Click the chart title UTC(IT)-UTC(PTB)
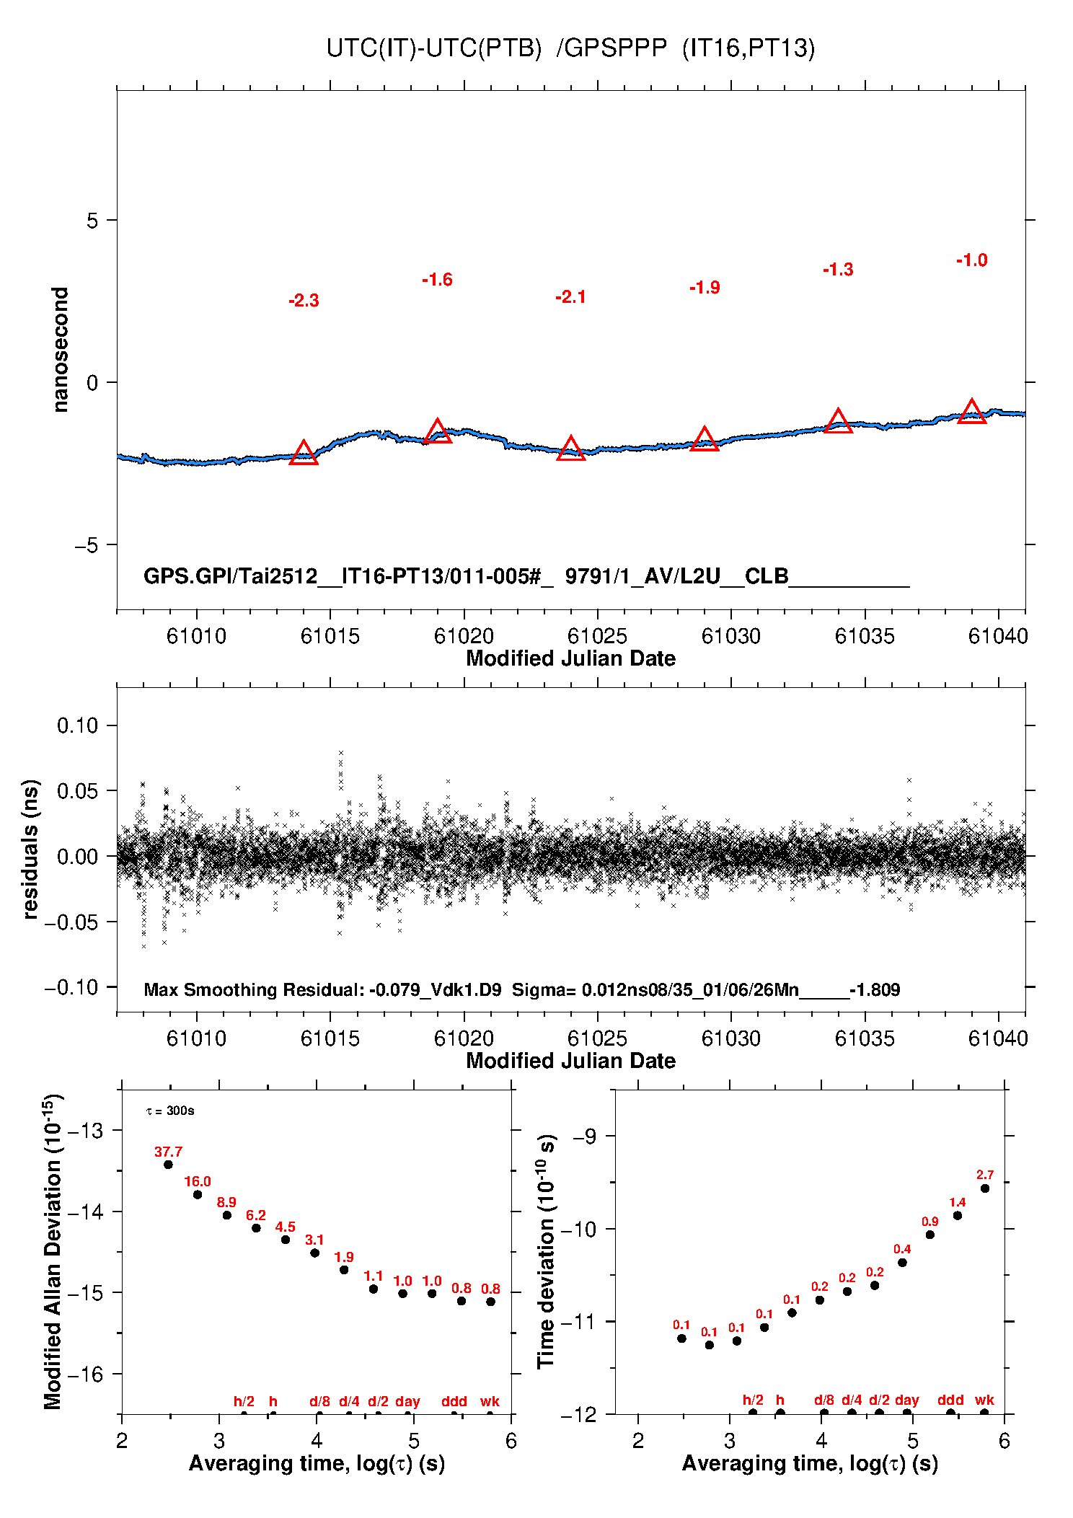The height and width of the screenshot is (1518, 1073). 433,48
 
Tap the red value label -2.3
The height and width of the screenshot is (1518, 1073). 304,301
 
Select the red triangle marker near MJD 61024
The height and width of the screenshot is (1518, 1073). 571,449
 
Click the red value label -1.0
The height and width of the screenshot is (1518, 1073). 971,260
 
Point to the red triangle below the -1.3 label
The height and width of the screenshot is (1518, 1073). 838,421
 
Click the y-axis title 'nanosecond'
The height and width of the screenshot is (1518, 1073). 61,350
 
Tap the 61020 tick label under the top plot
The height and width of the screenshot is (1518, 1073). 464,636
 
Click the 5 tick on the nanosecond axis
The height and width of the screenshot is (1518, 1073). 92,221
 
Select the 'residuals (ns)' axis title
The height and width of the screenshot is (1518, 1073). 30,849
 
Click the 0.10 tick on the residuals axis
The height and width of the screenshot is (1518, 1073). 77,725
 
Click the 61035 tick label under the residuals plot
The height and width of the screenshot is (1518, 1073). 865,1038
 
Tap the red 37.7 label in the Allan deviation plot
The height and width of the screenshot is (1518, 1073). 168,1152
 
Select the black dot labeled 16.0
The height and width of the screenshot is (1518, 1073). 198,1195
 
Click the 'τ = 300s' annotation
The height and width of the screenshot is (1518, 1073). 170,1111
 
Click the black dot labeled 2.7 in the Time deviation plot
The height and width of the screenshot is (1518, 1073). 985,1188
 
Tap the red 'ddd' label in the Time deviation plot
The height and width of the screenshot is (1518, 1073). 950,1400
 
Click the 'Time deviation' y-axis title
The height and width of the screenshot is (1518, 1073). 547,1251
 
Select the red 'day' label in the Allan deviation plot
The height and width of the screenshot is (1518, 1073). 407,1401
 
